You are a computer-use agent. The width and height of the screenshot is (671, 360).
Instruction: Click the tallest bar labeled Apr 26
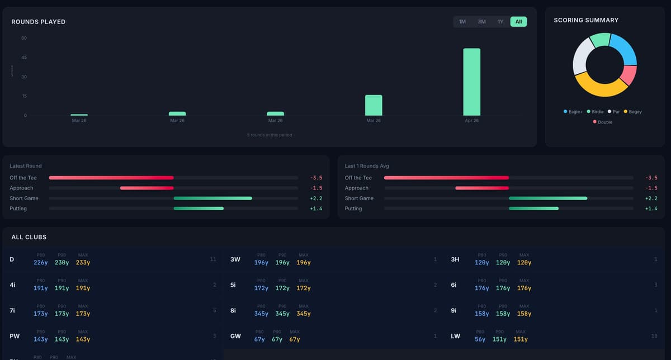471,82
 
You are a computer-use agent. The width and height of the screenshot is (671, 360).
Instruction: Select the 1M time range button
462,22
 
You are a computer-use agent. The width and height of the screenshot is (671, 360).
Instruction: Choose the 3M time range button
481,22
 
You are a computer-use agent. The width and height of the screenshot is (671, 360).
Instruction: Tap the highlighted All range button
518,22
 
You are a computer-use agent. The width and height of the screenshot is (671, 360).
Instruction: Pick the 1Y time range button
500,22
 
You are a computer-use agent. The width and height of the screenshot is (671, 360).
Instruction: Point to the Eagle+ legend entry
573,112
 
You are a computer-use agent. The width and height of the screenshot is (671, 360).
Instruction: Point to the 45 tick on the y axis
24,58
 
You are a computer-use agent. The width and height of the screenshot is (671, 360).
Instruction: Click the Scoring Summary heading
586,20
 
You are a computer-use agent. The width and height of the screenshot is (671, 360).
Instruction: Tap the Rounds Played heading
39,22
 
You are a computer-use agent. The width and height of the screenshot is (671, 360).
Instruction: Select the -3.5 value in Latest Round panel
316,178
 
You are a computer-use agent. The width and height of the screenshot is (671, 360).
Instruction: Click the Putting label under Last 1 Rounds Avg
353,209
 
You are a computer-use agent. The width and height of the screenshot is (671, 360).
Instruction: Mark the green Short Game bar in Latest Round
212,198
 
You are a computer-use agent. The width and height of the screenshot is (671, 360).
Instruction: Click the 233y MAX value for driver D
83,263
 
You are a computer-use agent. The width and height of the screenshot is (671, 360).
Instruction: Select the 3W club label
235,259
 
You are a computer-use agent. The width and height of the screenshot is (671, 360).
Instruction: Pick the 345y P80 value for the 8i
261,314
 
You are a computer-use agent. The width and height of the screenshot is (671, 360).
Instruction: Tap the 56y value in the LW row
480,339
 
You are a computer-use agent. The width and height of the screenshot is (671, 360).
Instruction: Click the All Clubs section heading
29,237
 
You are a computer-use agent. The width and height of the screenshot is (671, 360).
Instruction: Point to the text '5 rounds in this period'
270,135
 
